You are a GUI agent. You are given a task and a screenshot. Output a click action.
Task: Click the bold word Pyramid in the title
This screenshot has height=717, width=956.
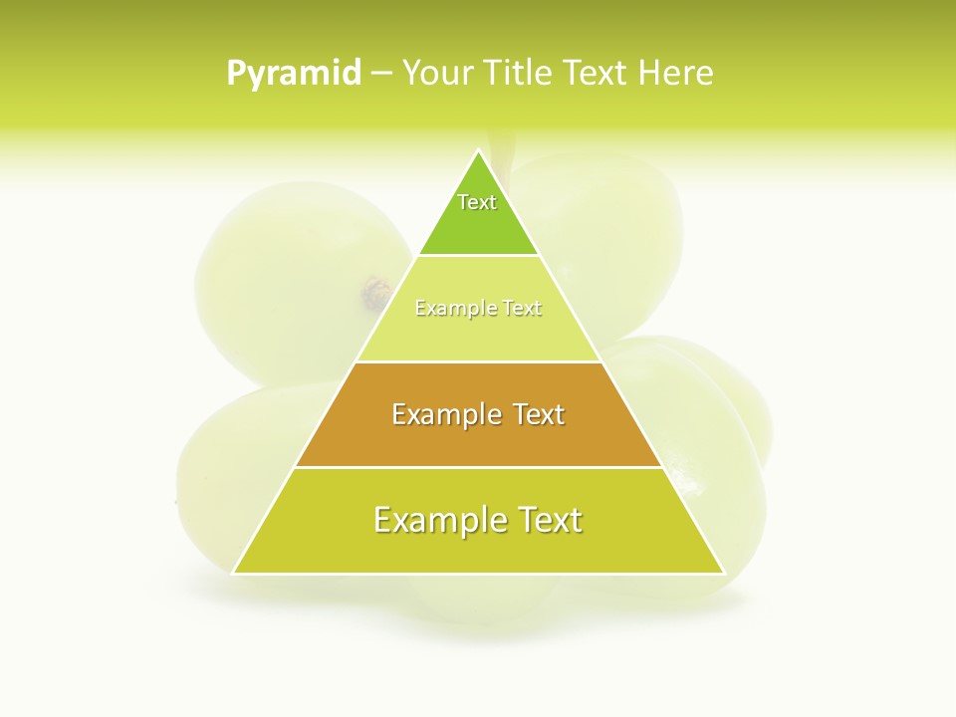(294, 74)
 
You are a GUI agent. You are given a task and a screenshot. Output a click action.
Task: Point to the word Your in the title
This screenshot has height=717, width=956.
(437, 74)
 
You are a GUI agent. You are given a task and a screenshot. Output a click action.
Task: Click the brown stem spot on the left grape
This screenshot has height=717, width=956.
(376, 293)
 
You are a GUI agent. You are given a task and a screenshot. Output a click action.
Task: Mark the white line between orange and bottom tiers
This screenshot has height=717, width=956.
(478, 467)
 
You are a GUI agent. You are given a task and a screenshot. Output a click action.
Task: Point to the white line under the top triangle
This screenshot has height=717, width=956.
(478, 255)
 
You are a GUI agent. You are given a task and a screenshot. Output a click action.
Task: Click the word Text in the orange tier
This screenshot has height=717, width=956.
(531, 414)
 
